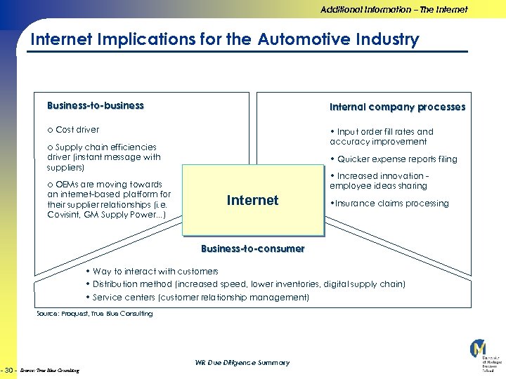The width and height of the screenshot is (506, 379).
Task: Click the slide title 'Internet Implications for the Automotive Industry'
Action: coord(224,39)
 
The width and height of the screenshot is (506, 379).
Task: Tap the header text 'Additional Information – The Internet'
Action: coord(394,9)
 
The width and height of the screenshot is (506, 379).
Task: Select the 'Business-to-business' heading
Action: coord(95,106)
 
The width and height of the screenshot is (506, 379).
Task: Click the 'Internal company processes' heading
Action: coord(397,107)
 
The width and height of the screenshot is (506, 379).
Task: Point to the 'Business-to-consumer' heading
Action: coord(252,248)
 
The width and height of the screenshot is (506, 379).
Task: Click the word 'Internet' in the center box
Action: coord(252,201)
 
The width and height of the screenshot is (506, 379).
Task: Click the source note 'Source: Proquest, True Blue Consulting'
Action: coord(94,314)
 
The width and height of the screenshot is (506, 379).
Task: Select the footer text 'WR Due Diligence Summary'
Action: coord(242,363)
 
